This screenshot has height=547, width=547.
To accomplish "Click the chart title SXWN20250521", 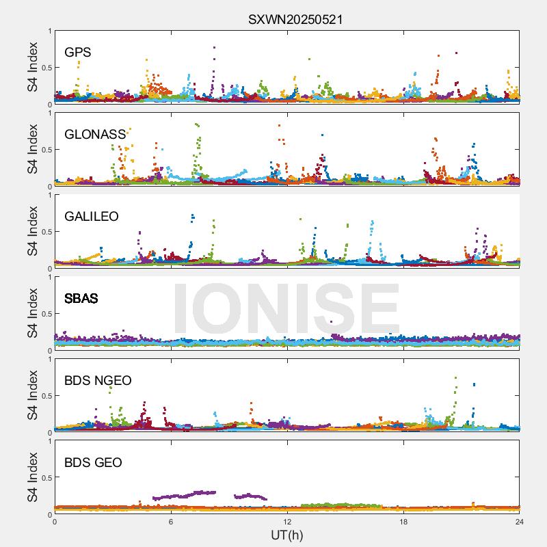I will (295, 20).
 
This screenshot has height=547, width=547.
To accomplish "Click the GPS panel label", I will (78, 52).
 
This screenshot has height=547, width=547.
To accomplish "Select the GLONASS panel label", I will (95, 134).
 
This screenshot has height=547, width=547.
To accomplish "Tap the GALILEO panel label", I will (92, 216).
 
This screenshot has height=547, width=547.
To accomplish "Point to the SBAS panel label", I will (81, 298).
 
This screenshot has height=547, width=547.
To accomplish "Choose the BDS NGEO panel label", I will (98, 380).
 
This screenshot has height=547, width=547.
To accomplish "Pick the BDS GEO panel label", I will (93, 462).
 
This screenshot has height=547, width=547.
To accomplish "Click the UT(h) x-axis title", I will (287, 535).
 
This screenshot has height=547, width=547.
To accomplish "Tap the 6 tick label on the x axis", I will (171, 522).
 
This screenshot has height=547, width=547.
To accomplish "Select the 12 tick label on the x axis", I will (287, 522).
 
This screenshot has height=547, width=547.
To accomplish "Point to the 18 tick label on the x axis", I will (403, 522).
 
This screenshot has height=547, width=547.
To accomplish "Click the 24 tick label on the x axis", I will (519, 522).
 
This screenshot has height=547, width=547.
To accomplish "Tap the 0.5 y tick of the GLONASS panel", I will (44, 150).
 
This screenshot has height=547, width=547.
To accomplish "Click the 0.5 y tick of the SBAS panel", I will (44, 314).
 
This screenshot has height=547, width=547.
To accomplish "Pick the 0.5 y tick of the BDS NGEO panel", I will (44, 396).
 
